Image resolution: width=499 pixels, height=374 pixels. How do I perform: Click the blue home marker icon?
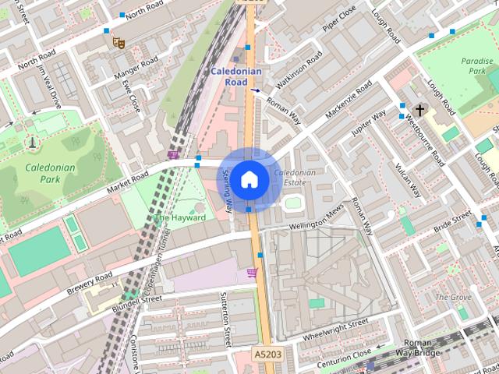click(249, 179)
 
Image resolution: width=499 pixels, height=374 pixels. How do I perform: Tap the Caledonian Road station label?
click(236, 76)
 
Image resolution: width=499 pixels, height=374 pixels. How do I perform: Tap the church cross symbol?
click(420, 111)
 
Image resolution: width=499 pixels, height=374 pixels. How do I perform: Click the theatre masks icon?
click(119, 41)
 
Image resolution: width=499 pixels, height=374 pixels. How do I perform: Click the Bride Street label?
click(451, 222)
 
